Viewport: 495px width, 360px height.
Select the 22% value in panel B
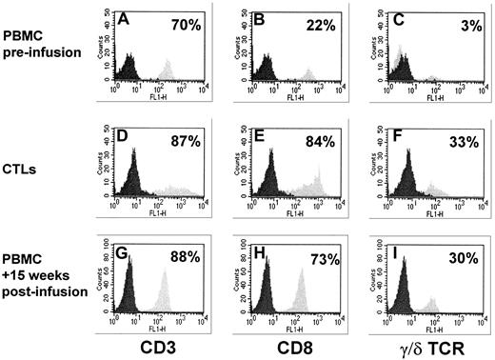pos(327,22)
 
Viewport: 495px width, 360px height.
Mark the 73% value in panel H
pos(327,255)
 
